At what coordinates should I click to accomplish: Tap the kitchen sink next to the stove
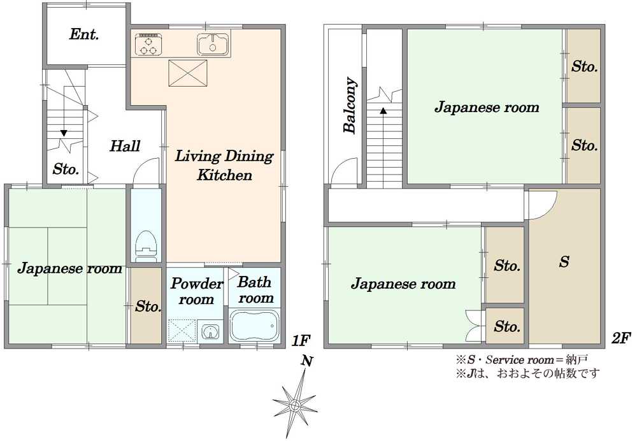click(x=213, y=44)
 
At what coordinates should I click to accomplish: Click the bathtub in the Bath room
click(x=254, y=326)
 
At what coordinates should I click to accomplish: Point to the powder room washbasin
click(x=210, y=331)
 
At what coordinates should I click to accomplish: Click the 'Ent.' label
click(x=84, y=34)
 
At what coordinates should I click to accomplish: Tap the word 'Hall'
click(x=125, y=146)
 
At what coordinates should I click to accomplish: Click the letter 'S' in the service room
click(x=564, y=262)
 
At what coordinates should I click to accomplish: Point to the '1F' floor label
click(x=301, y=340)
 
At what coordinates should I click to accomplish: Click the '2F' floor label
click(x=621, y=338)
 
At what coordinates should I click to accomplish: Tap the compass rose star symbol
click(x=295, y=405)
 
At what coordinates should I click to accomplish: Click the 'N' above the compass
click(x=307, y=361)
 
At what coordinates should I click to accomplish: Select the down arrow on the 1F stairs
click(x=64, y=133)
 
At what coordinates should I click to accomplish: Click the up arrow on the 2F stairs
click(x=383, y=110)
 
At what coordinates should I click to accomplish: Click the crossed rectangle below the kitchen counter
click(x=188, y=73)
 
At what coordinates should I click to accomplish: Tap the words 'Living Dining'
click(x=224, y=157)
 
